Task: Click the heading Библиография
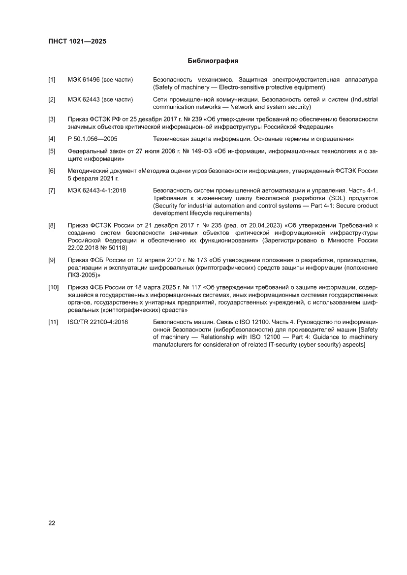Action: pyautogui.click(x=213, y=61)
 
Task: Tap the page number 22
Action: pyautogui.click(x=52, y=523)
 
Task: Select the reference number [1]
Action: pyautogui.click(x=52, y=79)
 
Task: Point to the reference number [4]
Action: pyautogui.click(x=52, y=139)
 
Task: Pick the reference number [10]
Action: pyautogui.click(x=53, y=287)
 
